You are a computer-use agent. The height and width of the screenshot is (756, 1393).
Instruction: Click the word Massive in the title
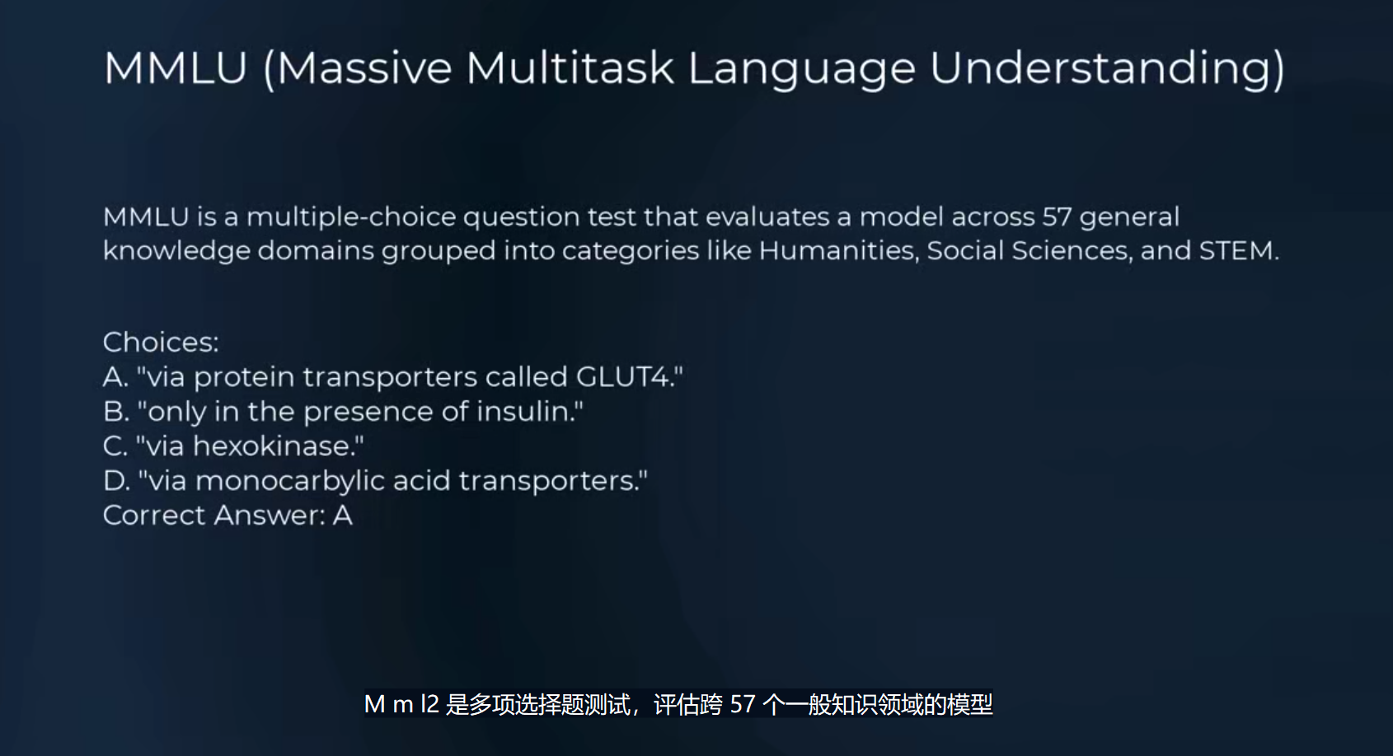click(363, 68)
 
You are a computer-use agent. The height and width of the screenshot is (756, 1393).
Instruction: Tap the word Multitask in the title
click(570, 68)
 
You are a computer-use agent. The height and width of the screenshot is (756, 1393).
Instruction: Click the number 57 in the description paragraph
click(1058, 217)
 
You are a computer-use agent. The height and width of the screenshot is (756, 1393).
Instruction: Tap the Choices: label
click(161, 343)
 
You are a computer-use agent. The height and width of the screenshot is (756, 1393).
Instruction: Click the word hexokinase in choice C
click(272, 446)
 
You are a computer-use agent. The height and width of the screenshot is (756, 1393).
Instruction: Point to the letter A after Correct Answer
click(343, 516)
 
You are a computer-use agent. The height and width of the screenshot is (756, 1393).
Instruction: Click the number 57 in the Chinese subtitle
click(743, 704)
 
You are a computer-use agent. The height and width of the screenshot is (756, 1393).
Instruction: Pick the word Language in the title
click(801, 69)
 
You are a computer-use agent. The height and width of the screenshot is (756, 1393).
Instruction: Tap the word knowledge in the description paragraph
click(176, 251)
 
